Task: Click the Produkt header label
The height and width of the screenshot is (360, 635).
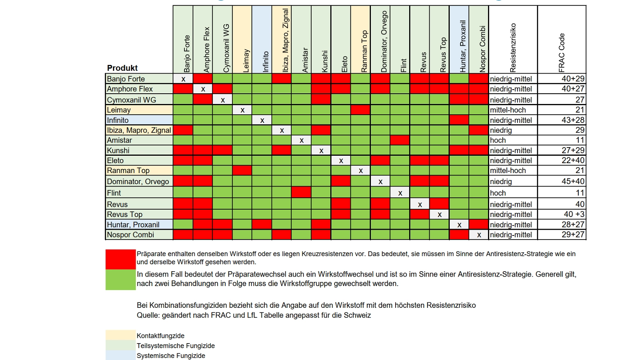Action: [x=122, y=68]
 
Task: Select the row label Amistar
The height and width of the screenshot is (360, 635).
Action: [x=120, y=140]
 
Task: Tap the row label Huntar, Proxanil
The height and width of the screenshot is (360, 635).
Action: [x=133, y=225]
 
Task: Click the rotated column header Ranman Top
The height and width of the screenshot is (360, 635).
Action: [x=364, y=51]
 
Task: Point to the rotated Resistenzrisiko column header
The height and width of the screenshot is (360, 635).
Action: [x=513, y=48]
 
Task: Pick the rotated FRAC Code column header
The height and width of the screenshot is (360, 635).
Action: [x=561, y=53]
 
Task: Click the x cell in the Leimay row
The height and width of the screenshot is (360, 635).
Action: [x=242, y=110]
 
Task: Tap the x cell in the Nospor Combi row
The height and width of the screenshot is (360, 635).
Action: [x=479, y=235]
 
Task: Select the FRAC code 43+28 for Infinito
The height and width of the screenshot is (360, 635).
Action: [x=573, y=120]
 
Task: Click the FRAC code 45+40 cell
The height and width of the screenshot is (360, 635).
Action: [x=573, y=181]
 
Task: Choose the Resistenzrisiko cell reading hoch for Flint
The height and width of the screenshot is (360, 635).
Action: [x=498, y=193]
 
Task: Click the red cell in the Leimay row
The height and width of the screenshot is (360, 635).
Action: [x=361, y=110]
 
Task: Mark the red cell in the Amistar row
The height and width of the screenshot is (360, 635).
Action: [x=400, y=140]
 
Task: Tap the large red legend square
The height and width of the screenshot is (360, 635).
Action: [x=120, y=259]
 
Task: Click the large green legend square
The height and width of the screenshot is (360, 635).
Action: [x=120, y=279]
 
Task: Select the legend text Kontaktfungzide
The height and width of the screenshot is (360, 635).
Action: [x=161, y=336]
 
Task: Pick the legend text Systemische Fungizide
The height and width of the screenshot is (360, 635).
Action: [x=171, y=355]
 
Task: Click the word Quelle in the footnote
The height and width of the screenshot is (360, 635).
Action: [x=148, y=315]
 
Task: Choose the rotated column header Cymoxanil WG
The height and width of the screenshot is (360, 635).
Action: [x=226, y=48]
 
